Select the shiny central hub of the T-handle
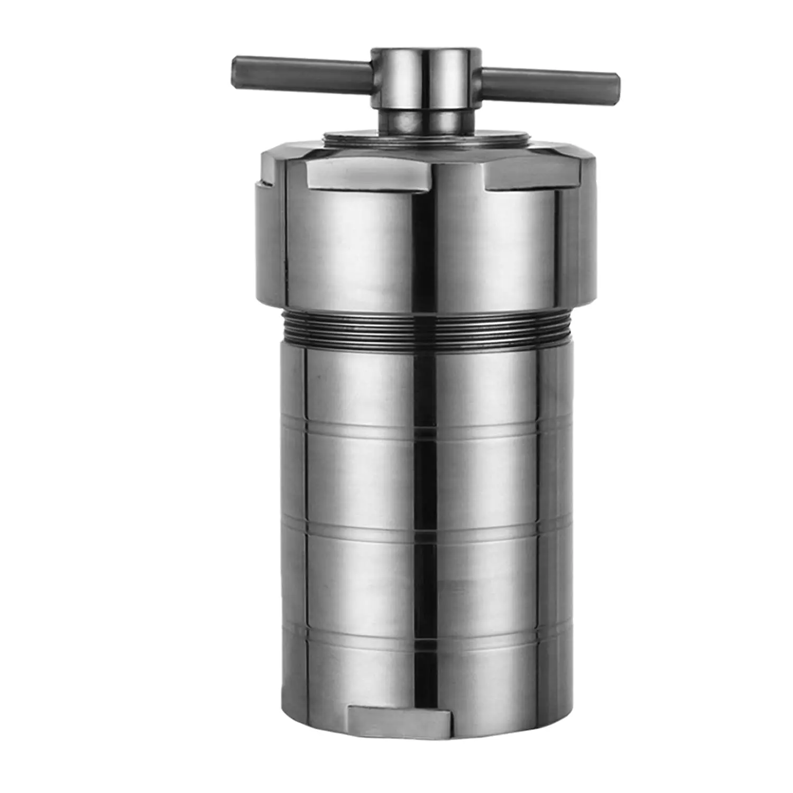(x=426, y=79)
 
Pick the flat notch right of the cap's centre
(x=521, y=177)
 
